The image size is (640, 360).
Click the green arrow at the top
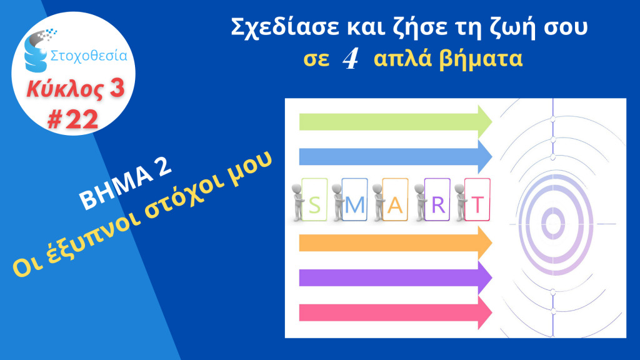point(396,122)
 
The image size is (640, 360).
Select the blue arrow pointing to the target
point(396,157)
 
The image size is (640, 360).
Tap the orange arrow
point(396,243)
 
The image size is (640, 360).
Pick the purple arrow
point(396,277)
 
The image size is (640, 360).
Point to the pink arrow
point(396,312)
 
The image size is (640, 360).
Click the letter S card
point(315,199)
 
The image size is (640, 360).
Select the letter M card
point(354,199)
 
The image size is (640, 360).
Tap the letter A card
point(395,199)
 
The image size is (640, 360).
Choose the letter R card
point(437,199)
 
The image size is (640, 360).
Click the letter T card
point(477,199)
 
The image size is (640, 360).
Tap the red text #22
point(72,119)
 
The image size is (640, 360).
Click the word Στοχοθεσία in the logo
point(89,56)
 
